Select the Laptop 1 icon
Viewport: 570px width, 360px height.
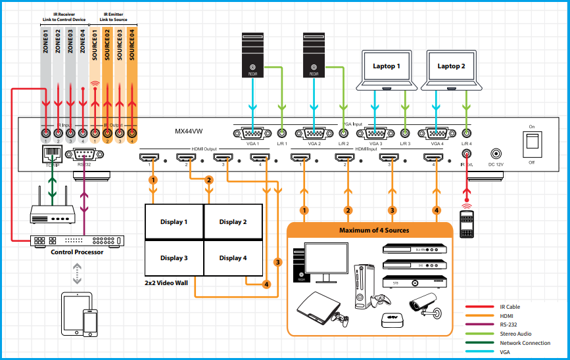coord(386,69)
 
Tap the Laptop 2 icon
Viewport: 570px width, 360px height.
coord(451,69)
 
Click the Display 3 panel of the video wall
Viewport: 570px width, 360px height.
coord(174,258)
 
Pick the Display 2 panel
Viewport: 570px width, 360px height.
coord(233,222)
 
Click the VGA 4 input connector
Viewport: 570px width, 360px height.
coord(437,133)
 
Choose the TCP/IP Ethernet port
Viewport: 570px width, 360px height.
coord(52,155)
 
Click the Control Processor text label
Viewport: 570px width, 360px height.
coord(77,252)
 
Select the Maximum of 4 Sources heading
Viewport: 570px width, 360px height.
coord(373,230)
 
